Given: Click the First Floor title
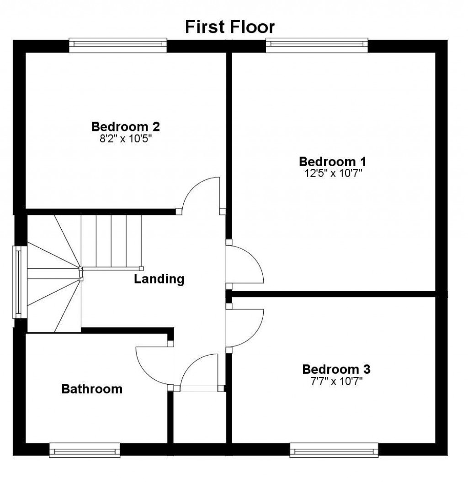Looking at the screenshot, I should (x=229, y=27).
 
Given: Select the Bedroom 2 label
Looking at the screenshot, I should (x=125, y=126).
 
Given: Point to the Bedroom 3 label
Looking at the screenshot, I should (x=336, y=369).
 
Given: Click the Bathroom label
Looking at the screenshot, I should (x=92, y=389).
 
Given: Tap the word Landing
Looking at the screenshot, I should (x=159, y=279).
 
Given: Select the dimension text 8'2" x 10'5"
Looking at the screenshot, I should (x=125, y=138).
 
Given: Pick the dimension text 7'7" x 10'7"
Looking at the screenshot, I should (x=336, y=380).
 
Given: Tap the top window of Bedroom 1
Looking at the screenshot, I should (x=317, y=44).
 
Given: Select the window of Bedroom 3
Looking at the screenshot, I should (x=334, y=450).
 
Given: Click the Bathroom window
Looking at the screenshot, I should (x=85, y=450).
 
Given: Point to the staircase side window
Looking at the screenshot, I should (x=18, y=282).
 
